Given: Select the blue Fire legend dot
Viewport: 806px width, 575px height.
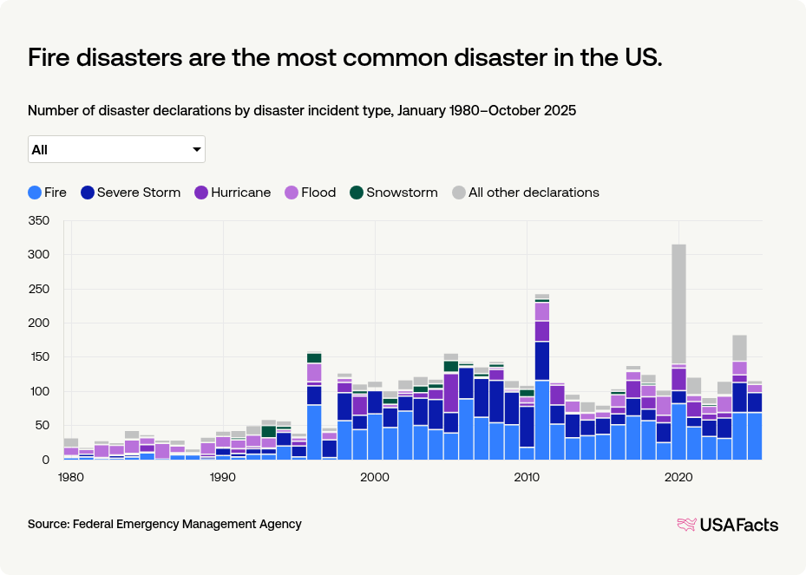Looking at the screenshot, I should pos(35,193).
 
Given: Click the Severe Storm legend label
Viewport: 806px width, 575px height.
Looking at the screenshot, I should pos(139,193).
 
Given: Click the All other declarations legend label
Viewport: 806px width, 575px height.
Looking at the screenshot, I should pos(534,193).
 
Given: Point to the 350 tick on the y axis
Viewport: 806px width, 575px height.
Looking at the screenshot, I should pos(39,221).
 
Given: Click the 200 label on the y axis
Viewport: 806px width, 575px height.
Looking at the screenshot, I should pos(39,323).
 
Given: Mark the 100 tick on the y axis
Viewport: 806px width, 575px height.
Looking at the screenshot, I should pos(39,392).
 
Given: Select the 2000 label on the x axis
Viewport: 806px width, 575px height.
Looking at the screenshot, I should pos(375,477).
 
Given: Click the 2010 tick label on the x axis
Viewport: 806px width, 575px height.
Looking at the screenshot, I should pos(527,477).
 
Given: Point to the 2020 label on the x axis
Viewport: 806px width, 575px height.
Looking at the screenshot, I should pos(678,477).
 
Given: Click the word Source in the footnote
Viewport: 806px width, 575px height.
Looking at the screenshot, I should pos(48,524).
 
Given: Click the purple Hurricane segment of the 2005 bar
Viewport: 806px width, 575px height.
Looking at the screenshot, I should pos(450,393).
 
